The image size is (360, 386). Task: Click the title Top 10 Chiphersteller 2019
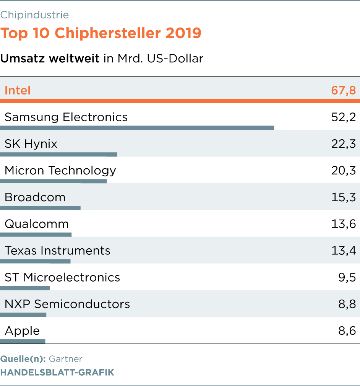(101, 33)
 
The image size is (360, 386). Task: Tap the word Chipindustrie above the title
(34, 15)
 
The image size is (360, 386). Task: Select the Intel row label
(18, 91)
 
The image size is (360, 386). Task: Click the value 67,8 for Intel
(343, 91)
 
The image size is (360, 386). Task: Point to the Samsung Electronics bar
(137, 128)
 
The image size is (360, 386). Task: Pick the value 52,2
(343, 117)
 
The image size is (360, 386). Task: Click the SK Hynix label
(31, 144)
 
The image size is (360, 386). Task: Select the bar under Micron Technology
(54, 181)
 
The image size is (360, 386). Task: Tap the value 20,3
(343, 171)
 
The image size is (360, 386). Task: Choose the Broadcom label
(35, 197)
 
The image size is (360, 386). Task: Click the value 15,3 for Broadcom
(343, 197)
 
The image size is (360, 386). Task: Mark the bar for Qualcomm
(36, 235)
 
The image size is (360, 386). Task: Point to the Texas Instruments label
(58, 251)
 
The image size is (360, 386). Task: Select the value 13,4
(343, 251)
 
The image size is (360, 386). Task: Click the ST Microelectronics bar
(25, 288)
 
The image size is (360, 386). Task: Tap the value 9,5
(347, 277)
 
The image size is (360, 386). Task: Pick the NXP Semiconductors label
(67, 304)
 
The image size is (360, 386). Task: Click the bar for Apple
(23, 341)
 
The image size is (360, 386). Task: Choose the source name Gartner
(66, 359)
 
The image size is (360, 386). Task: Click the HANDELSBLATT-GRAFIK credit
(57, 372)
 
